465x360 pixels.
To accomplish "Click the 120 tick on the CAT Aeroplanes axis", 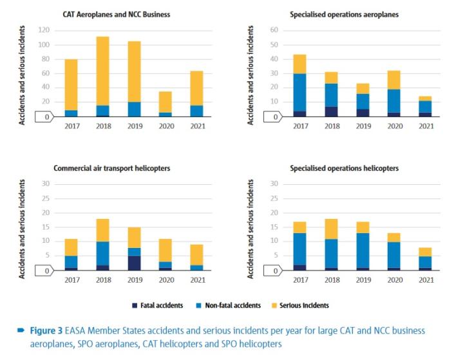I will click(44, 30).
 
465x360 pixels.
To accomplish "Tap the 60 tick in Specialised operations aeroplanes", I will click(274, 30).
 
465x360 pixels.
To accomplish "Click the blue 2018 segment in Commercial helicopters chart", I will click(103, 253).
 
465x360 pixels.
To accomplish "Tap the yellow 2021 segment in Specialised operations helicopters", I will click(426, 252).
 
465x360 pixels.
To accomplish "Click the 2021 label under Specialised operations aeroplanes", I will click(426, 126).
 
